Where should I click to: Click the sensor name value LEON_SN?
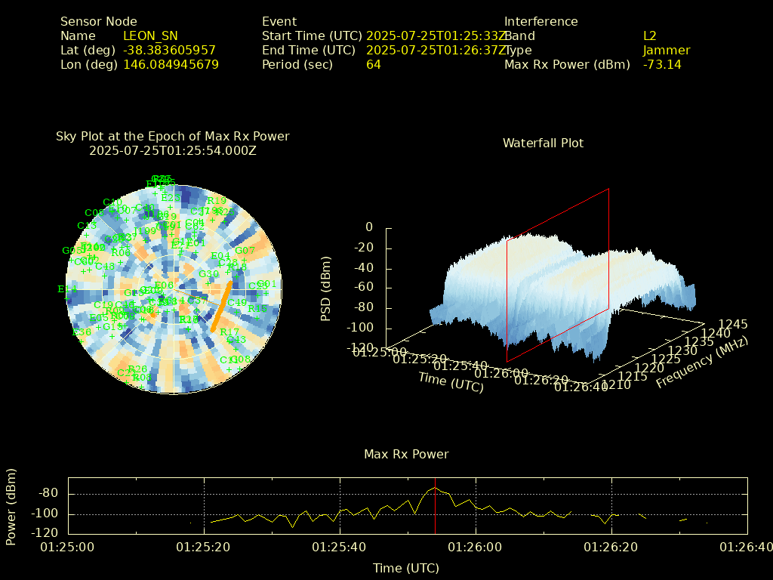tap(150, 35)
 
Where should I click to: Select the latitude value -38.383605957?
tap(169, 50)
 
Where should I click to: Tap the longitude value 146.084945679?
tap(171, 64)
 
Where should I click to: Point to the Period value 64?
tap(374, 64)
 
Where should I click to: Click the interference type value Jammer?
tap(666, 50)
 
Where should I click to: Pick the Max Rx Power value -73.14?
tap(662, 64)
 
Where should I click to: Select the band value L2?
tap(650, 35)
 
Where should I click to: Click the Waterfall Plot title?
tap(543, 143)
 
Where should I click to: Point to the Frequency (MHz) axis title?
tap(701, 363)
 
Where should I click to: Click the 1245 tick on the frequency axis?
tap(732, 324)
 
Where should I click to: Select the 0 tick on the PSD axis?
tap(368, 227)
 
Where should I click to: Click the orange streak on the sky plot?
tap(222, 305)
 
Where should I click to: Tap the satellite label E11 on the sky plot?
tap(67, 289)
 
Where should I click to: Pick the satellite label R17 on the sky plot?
tap(229, 332)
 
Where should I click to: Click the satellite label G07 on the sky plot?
tap(245, 251)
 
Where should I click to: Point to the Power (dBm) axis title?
tap(11, 506)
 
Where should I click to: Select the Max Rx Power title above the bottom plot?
tap(406, 454)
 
